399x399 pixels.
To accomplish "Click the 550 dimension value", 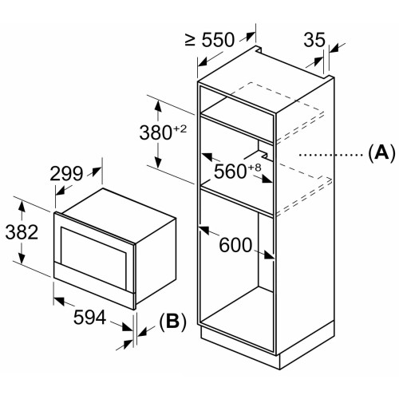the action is tap(218, 40).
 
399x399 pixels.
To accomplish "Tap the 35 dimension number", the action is tap(314, 40).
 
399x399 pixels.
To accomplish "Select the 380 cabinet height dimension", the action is tap(156, 132).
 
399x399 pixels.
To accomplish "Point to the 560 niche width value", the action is tap(230, 172).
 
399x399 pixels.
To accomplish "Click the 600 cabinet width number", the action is tap(235, 245).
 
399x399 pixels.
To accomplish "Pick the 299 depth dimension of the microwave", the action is tap(66, 174).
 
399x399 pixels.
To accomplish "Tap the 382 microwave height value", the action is tap(22, 232).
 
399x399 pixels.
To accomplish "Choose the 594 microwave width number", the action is tap(89, 317).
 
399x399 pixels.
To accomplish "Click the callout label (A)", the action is tap(382, 153).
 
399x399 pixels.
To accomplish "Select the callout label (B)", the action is tap(172, 322).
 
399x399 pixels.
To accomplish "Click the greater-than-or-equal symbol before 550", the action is tap(191, 40).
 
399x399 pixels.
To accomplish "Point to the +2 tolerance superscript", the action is tap(180, 129).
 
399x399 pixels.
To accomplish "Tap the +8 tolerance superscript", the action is tap(255, 168).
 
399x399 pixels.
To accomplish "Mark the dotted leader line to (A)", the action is tap(330, 154).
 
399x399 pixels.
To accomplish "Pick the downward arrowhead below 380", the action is tap(158, 162).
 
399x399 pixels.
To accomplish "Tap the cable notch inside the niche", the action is tap(262, 151).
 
